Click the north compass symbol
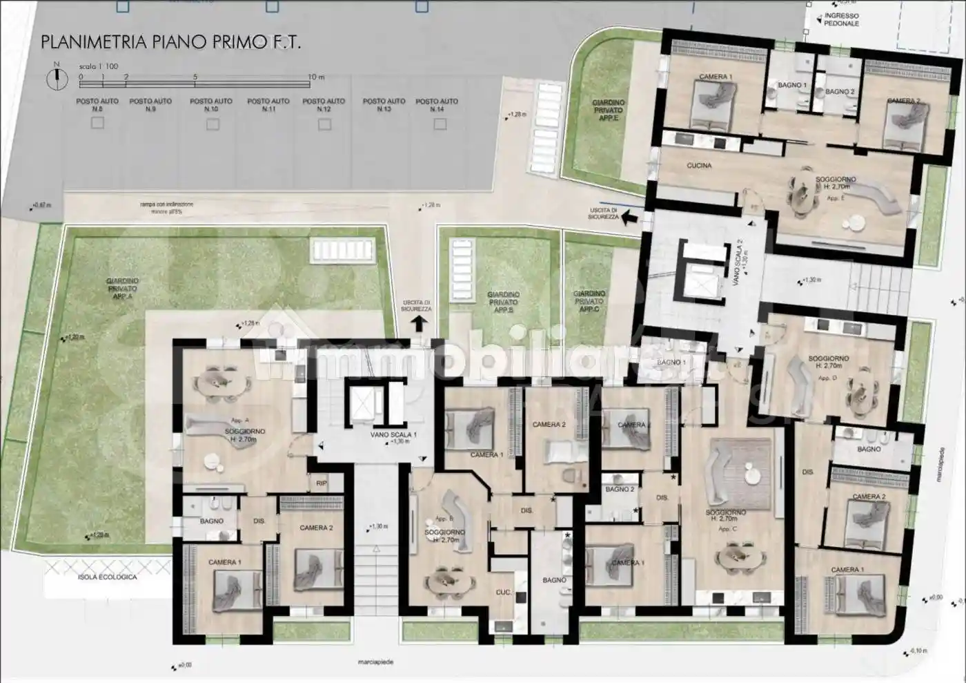(56, 79)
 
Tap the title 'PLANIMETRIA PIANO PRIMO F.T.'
(170, 41)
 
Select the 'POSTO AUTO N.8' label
(97, 105)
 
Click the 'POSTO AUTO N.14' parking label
(437, 105)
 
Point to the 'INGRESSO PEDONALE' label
(841, 19)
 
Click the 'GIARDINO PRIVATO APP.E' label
(608, 110)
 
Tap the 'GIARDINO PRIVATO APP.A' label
(122, 288)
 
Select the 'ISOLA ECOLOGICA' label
(107, 577)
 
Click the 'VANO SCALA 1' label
(393, 435)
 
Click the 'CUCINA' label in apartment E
(699, 166)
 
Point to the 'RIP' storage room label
(322, 483)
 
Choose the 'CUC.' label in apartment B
(503, 593)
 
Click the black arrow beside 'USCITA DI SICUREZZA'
(629, 218)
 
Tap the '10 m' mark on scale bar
(315, 77)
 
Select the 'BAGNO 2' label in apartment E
(839, 91)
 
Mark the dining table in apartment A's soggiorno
(216, 382)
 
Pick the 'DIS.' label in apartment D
(808, 472)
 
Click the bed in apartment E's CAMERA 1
(714, 104)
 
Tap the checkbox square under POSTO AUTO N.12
(324, 124)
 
